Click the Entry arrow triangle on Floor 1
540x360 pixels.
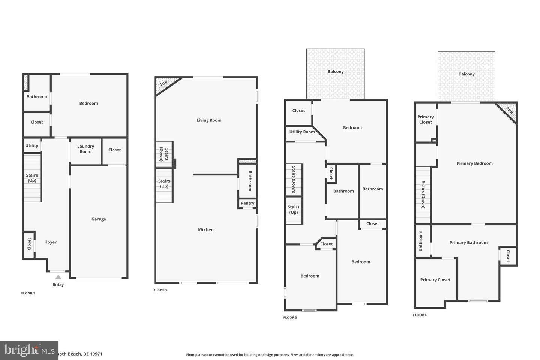(58, 277)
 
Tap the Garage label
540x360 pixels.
(99, 219)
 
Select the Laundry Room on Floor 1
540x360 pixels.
(85, 149)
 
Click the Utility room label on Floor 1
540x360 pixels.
(32, 146)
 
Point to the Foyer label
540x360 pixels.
(51, 242)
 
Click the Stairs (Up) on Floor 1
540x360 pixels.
(32, 178)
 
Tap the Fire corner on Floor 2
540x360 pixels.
(164, 83)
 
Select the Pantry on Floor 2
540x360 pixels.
(247, 203)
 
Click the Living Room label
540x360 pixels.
(209, 120)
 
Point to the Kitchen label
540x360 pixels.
(206, 230)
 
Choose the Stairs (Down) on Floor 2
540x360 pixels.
(164, 154)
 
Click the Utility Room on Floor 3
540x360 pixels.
(302, 132)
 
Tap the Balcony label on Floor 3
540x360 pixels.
(336, 72)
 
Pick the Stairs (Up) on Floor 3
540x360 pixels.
(294, 210)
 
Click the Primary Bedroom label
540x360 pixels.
(474, 163)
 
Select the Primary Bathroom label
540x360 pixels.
(468, 243)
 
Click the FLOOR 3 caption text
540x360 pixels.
(290, 318)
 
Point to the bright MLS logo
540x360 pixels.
(29, 350)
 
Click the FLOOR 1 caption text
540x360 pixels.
(28, 293)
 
